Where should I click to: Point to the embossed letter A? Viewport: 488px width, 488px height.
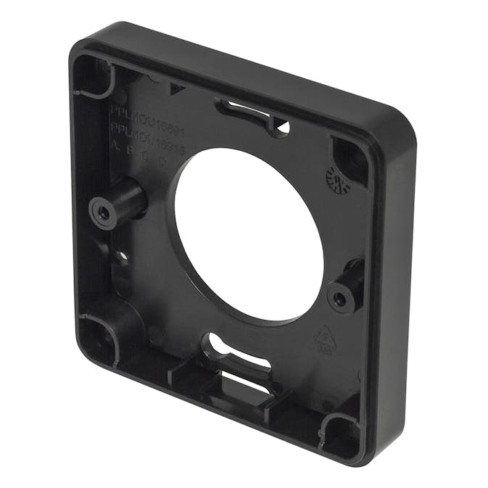[114, 144]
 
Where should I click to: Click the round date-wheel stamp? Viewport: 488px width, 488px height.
[338, 178]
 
